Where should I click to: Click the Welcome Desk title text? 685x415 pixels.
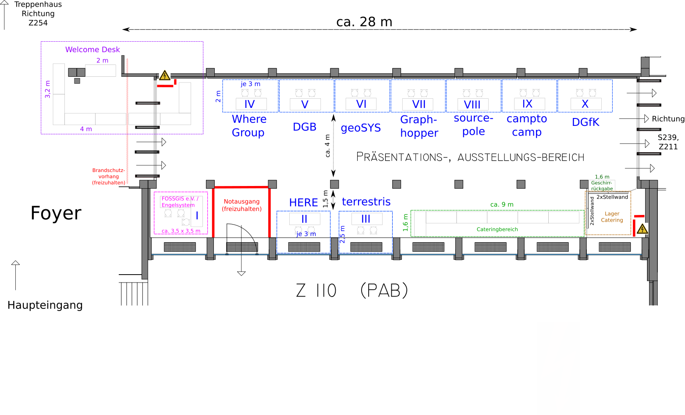click(92, 50)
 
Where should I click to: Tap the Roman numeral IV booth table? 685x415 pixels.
click(251, 104)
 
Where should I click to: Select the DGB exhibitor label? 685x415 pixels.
click(305, 127)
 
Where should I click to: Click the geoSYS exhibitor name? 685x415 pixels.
click(361, 128)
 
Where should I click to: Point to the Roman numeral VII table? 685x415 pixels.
click(418, 104)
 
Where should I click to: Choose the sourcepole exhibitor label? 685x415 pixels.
click(473, 125)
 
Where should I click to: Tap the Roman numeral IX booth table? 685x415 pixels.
click(529, 104)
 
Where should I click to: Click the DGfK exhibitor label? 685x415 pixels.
click(586, 122)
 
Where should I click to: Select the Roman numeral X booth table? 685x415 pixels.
click(586, 104)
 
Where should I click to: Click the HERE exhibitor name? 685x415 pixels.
click(304, 203)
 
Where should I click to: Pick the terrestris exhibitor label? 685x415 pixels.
click(366, 202)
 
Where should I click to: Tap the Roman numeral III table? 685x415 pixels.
click(367, 219)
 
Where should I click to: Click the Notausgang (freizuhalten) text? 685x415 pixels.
click(241, 205)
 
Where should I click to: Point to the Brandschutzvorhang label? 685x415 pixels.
click(109, 176)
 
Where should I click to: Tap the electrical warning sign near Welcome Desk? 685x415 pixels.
click(164, 75)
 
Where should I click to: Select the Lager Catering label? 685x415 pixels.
click(612, 217)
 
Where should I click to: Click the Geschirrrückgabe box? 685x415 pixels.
click(602, 186)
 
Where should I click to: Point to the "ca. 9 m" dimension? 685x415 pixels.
click(502, 204)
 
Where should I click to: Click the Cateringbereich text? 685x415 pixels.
click(497, 229)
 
